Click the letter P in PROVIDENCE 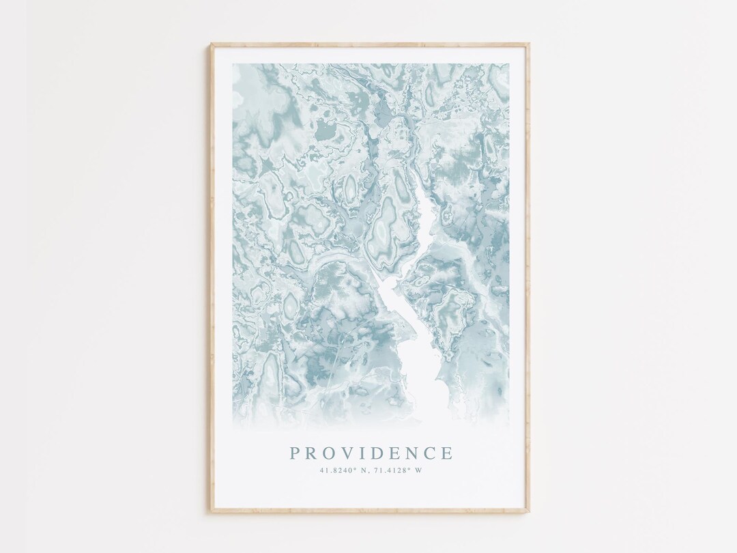click(x=295, y=453)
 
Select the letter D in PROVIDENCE click(x=379, y=453)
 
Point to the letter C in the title click(x=429, y=453)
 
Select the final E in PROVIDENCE click(x=446, y=453)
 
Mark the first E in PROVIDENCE click(x=396, y=453)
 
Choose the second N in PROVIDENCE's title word click(x=412, y=453)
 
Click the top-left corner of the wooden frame click(x=212, y=45)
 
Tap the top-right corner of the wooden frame click(x=528, y=45)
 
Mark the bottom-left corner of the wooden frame click(x=212, y=511)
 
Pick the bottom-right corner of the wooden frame click(x=528, y=511)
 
